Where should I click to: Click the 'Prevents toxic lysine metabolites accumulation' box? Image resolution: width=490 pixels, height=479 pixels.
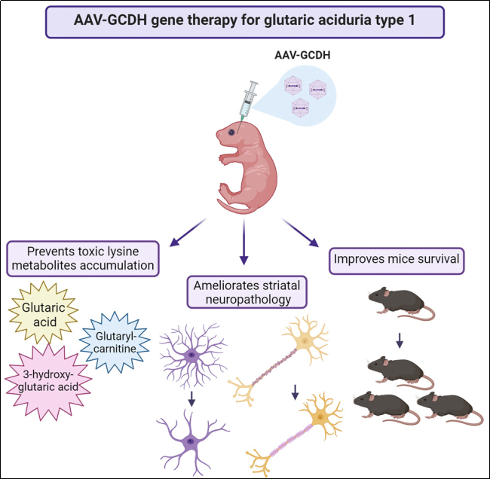pos(83,259)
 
